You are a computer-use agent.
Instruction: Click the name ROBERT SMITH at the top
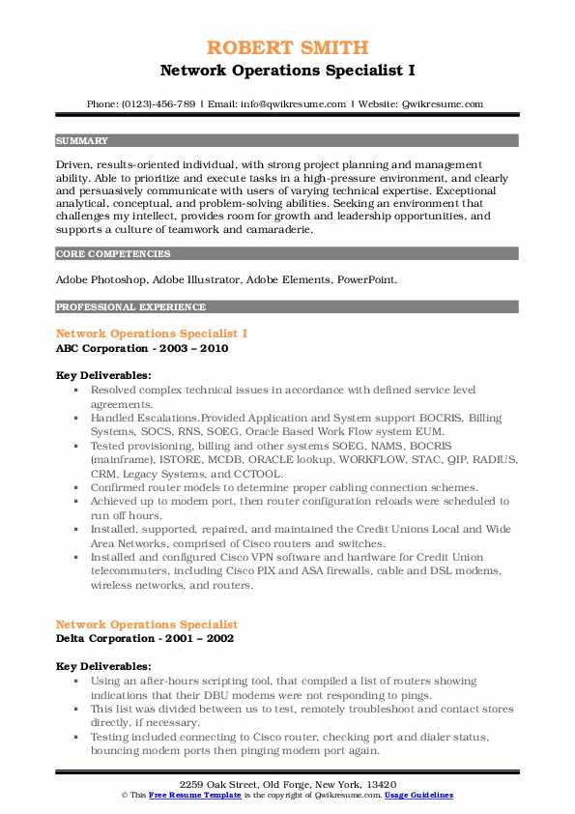287,48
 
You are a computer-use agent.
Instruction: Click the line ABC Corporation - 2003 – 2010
142,348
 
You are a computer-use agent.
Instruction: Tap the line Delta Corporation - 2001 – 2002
145,638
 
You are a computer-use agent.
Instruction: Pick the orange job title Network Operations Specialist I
152,334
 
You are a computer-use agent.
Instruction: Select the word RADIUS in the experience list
492,461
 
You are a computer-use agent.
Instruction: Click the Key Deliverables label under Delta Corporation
103,666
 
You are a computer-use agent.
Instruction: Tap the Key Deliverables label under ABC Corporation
103,375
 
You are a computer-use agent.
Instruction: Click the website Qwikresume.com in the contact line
442,103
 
